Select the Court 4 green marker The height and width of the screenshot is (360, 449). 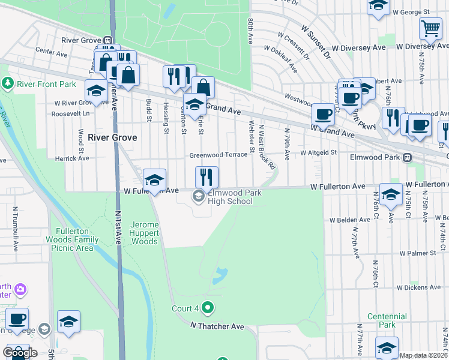pos(208,308)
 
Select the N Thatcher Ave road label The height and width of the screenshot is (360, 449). pos(217,326)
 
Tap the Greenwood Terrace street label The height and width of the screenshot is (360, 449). pos(218,155)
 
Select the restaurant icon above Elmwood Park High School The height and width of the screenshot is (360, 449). pos(206,177)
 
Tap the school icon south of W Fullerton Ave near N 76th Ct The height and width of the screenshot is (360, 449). pos(391,194)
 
